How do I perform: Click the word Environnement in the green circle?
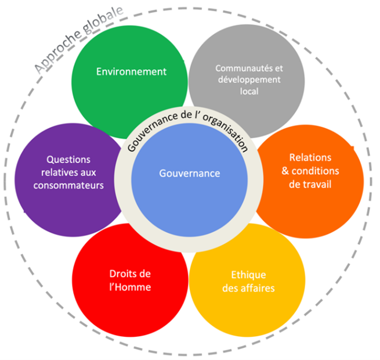[x=131, y=72]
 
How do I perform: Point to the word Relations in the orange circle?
[x=310, y=158]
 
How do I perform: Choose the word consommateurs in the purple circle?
[x=68, y=185]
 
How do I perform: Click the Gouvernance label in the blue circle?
[x=190, y=173]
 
